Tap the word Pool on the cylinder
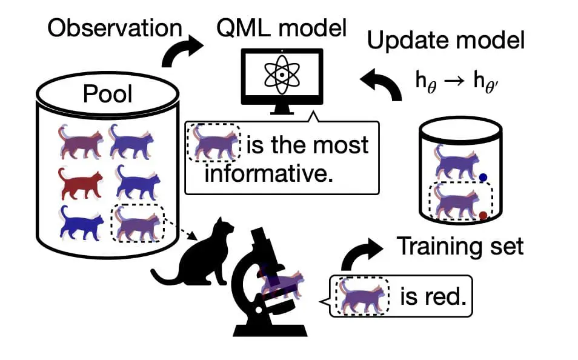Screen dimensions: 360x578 (107, 95)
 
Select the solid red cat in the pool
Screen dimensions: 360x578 (81, 182)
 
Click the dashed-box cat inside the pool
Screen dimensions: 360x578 (138, 222)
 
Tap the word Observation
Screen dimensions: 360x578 (115, 28)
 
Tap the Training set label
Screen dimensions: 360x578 (459, 247)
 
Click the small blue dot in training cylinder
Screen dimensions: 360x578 (483, 178)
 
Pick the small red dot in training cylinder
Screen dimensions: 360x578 (483, 215)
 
